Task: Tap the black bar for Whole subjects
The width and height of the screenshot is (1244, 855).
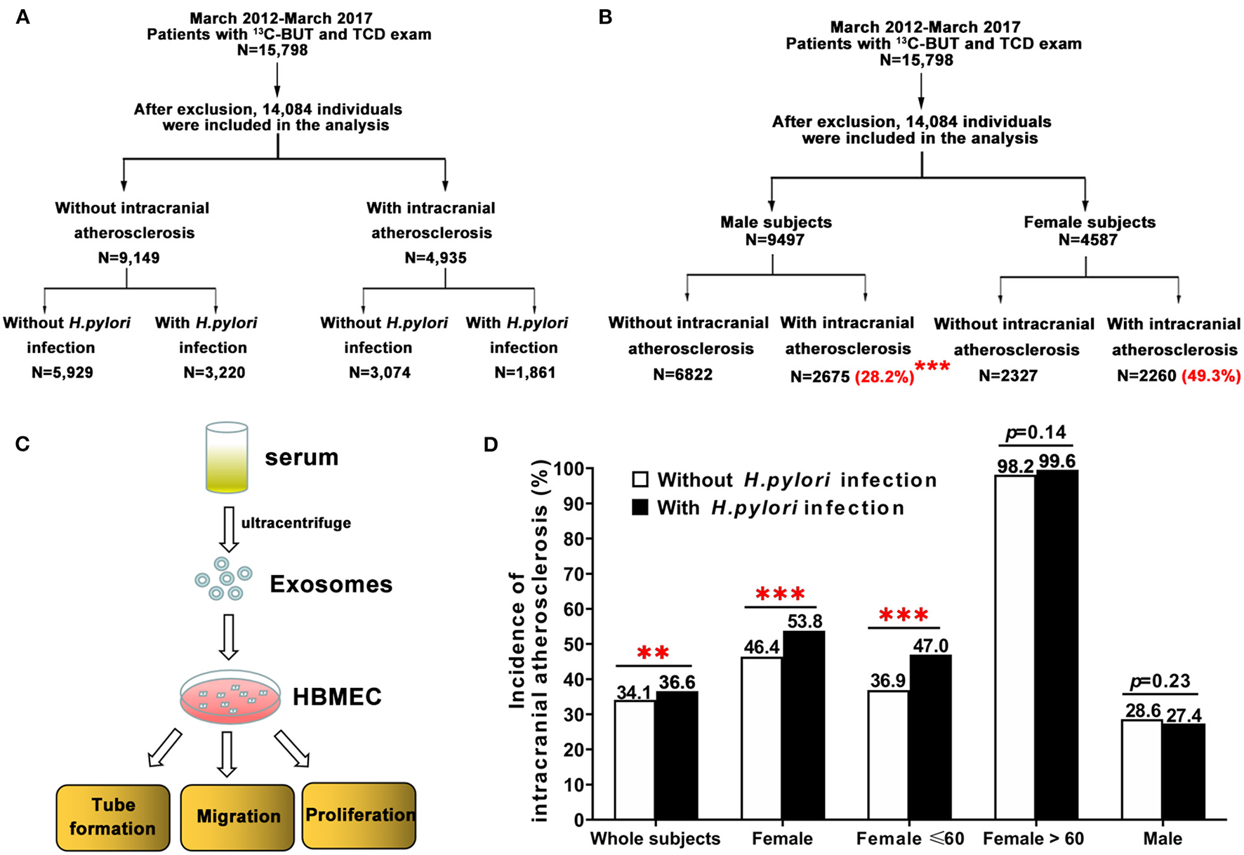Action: pos(677,755)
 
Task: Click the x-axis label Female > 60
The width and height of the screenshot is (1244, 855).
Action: pos(1033,838)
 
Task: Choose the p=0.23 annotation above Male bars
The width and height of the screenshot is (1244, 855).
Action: pos(1160,682)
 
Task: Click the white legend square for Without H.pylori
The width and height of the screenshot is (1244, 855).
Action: pos(640,480)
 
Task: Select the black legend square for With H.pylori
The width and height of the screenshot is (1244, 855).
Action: pos(640,508)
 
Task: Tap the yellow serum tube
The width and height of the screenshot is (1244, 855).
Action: pos(227,457)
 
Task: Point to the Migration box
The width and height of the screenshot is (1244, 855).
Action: pos(237,816)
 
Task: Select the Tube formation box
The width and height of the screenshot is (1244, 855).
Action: pos(112,816)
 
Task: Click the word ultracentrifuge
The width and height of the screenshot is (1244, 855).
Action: pos(296,523)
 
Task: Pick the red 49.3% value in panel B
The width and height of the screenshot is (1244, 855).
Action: pos(1210,376)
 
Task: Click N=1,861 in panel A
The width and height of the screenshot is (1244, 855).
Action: pos(524,373)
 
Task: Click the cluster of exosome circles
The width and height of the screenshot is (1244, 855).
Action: pos(223,583)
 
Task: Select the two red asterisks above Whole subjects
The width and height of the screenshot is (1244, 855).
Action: pos(653,653)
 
